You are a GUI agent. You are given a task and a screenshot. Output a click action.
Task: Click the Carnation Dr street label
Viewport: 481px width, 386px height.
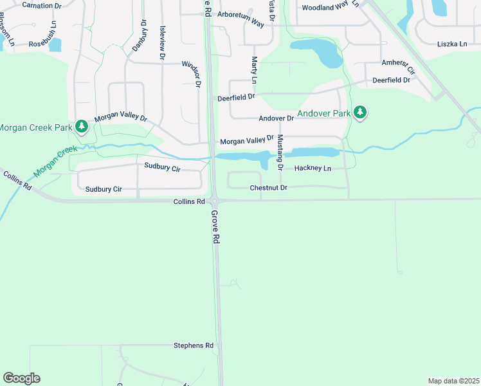[41, 5]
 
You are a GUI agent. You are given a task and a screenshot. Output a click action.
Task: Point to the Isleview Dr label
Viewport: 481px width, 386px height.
[163, 43]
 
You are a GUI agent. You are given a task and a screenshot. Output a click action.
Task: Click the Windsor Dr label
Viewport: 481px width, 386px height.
[192, 73]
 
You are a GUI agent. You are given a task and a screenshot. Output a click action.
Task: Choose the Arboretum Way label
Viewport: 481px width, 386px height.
[240, 23]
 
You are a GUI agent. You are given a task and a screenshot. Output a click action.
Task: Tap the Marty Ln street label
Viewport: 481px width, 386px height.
[254, 70]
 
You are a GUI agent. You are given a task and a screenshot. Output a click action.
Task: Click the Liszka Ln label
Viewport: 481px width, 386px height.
[452, 44]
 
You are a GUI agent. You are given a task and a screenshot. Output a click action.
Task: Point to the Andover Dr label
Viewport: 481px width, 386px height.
[276, 118]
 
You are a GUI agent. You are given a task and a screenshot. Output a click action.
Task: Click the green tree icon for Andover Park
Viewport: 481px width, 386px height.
[361, 113]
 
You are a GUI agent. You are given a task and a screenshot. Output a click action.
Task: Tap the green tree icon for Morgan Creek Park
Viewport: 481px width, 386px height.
[82, 126]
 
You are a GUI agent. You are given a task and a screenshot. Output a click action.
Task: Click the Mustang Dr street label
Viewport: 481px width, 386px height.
[280, 155]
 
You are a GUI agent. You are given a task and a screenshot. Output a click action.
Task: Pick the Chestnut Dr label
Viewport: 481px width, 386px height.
[268, 188]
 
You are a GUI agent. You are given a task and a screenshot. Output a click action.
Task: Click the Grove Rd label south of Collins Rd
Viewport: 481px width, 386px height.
[215, 226]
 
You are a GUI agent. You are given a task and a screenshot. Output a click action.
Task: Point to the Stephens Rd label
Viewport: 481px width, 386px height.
[193, 345]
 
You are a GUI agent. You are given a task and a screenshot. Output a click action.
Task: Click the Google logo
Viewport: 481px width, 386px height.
[21, 378]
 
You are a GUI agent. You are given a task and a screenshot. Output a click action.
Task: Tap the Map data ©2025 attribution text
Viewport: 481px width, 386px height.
[453, 380]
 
